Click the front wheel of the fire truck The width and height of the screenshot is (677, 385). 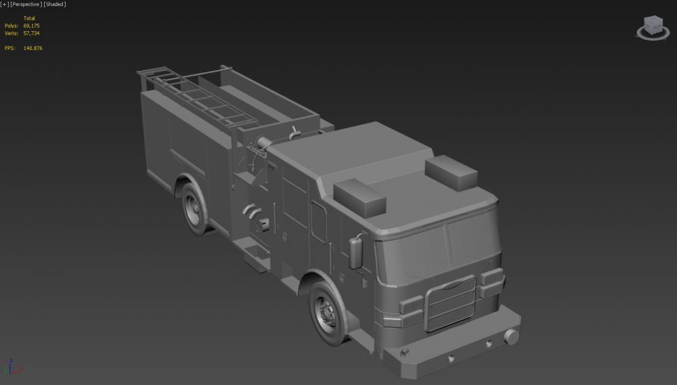(328, 313)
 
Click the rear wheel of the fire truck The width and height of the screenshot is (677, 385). (194, 209)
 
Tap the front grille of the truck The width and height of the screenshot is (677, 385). (450, 303)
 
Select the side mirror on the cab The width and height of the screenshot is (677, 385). (356, 253)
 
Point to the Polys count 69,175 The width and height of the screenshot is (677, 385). (32, 26)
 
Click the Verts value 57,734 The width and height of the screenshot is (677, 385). (32, 33)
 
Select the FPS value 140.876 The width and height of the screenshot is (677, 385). (32, 48)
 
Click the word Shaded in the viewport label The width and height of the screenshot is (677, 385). (55, 4)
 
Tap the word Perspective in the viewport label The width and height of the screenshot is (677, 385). (26, 4)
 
